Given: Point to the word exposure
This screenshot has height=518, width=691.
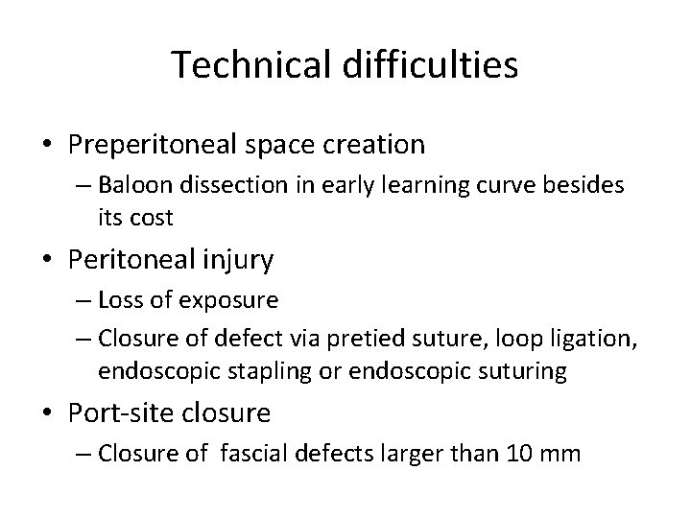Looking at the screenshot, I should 229,300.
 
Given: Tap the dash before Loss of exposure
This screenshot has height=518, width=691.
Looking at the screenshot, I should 80,300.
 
